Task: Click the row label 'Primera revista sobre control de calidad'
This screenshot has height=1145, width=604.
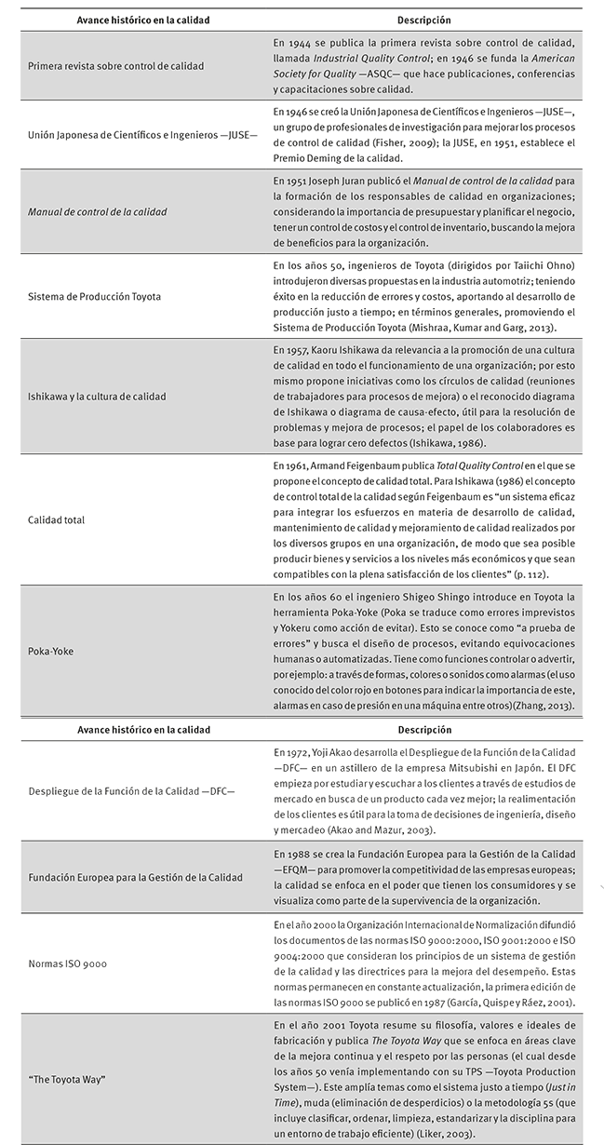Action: (x=116, y=66)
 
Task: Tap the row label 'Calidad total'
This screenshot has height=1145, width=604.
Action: (x=57, y=519)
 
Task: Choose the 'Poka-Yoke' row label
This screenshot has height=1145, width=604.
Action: (x=51, y=652)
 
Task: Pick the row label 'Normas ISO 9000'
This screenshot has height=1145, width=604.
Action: (x=68, y=963)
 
